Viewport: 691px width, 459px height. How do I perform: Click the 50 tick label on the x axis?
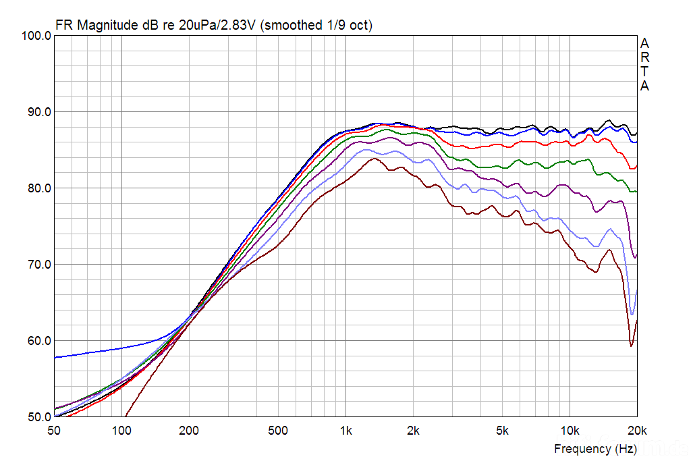pos(55,431)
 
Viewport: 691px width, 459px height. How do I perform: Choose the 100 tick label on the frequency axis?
pos(121,431)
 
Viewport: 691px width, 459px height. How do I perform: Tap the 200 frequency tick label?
pos(189,431)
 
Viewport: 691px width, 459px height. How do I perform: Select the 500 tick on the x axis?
pos(278,431)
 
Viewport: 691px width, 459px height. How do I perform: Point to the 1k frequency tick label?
pos(345,431)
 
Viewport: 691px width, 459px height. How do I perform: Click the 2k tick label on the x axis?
pos(413,431)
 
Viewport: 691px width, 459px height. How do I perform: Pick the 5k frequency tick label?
pos(502,431)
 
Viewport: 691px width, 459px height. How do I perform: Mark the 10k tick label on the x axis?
pos(570,431)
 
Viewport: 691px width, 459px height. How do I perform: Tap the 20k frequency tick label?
pos(637,431)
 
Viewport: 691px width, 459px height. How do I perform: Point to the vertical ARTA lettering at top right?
pos(645,65)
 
